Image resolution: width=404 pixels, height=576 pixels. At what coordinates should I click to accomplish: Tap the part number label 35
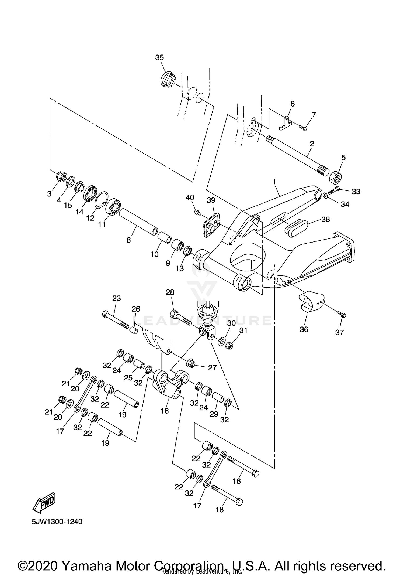pyautogui.click(x=159, y=57)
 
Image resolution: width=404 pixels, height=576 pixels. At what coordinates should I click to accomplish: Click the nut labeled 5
pyautogui.click(x=336, y=177)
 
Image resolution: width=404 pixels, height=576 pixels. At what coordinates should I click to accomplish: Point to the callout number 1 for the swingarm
pyautogui.click(x=274, y=182)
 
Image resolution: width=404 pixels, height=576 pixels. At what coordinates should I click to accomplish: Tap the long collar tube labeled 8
pyautogui.click(x=138, y=221)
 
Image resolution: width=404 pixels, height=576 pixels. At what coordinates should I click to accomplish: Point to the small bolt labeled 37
pyautogui.click(x=342, y=314)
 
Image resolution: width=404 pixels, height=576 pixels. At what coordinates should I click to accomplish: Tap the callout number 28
pyautogui.click(x=170, y=292)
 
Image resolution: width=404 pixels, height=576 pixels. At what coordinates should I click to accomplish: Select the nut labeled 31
pyautogui.click(x=229, y=345)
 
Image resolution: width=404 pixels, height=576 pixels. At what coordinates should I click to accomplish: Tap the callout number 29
pyautogui.click(x=214, y=414)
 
